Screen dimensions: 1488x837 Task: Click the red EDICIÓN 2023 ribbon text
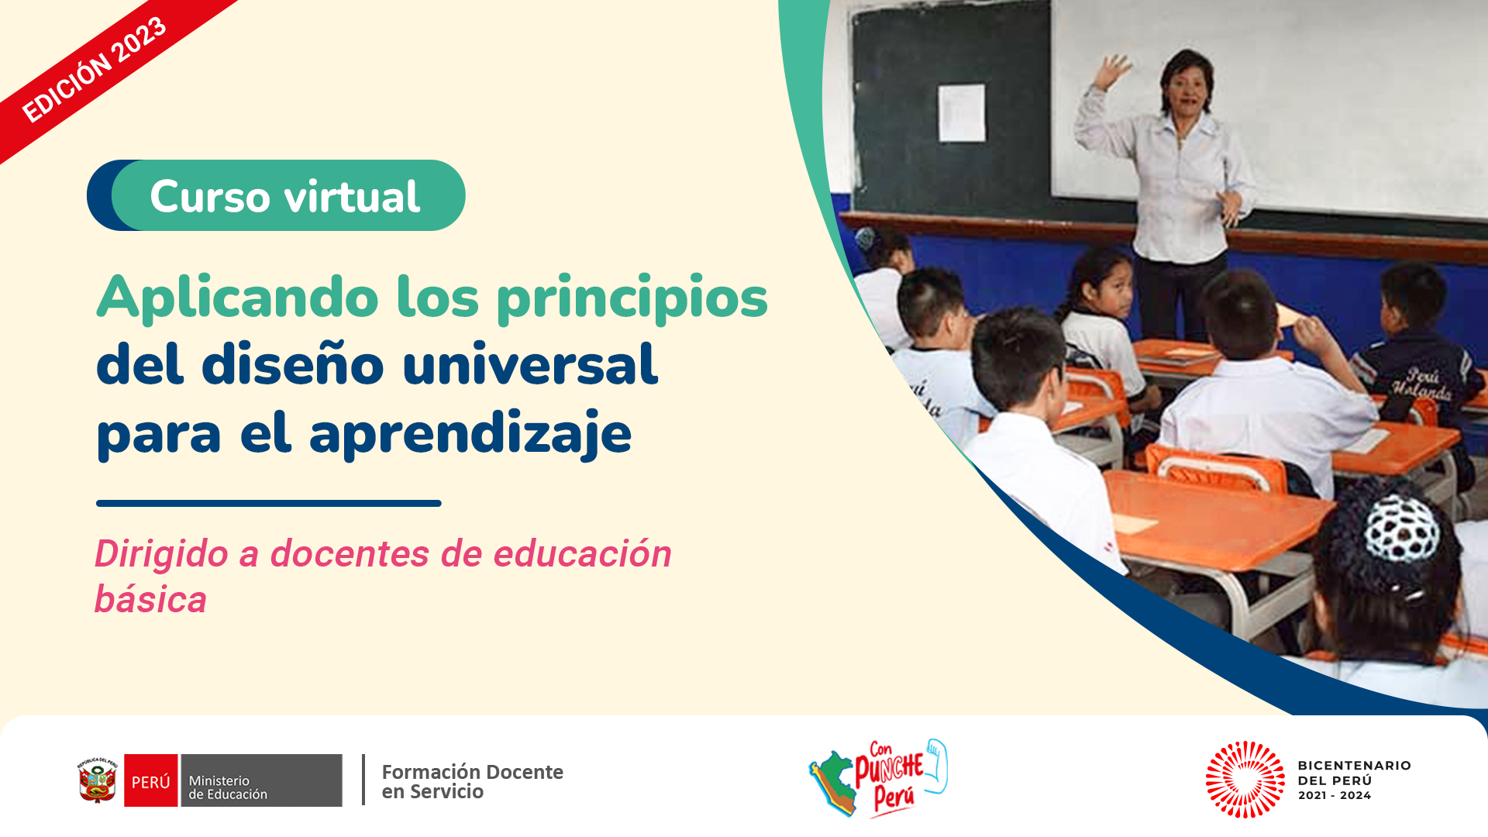point(94,70)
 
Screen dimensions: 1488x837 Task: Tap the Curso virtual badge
point(277,195)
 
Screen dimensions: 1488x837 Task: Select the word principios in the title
point(632,298)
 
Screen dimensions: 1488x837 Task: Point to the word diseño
point(293,364)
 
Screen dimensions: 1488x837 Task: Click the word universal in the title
point(531,364)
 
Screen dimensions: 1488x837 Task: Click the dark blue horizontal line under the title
point(269,504)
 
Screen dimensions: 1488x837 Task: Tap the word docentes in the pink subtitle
point(350,554)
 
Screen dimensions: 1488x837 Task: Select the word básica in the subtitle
point(150,599)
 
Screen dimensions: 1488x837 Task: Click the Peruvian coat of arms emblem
point(97,780)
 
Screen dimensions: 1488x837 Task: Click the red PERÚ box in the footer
point(151,780)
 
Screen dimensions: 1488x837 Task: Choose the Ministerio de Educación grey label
point(261,780)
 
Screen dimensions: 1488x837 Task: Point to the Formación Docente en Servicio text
point(472,781)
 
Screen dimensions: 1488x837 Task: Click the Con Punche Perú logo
point(878,778)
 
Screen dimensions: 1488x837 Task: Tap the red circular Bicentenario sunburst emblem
point(1245,780)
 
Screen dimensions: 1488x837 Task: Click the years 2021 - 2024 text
point(1335,795)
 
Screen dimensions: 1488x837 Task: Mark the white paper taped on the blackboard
point(962,113)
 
